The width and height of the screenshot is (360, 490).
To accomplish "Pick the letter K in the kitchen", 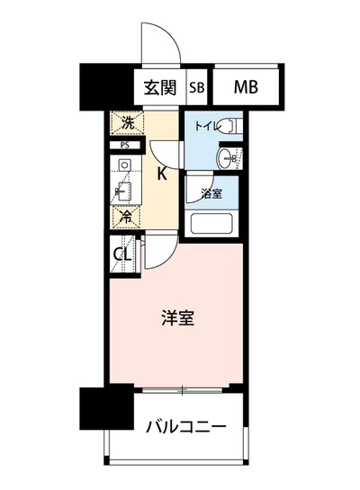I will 162,174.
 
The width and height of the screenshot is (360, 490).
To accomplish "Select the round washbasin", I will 225,158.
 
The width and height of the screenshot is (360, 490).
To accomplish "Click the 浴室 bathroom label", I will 211,193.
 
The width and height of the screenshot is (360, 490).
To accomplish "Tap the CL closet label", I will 122,254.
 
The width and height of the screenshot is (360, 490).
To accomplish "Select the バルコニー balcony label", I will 185,425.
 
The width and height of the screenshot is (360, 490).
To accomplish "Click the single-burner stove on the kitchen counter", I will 124,165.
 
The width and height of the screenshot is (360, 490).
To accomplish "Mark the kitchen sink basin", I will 124,191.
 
